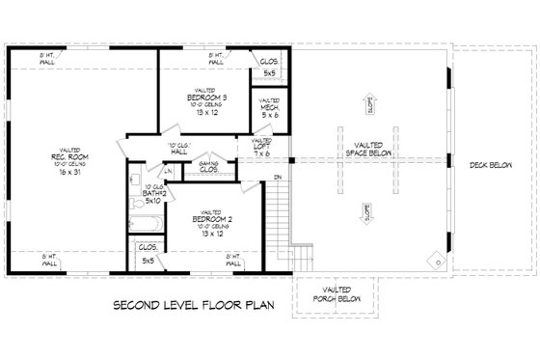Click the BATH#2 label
(154, 194)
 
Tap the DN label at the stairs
(277, 177)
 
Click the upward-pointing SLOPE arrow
(370, 103)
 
